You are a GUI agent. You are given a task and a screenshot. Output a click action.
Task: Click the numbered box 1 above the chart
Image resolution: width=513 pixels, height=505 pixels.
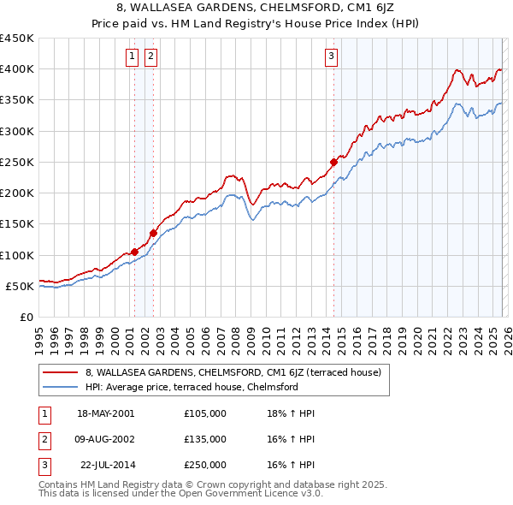pos(133,57)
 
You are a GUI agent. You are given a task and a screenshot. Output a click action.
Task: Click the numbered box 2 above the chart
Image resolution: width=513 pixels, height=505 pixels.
pos(150,57)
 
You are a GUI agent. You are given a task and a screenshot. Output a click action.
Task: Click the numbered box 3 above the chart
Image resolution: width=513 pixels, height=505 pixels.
pos(331,57)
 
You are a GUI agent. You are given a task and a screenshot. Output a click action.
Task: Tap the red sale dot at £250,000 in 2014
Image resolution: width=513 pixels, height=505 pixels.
pos(333,162)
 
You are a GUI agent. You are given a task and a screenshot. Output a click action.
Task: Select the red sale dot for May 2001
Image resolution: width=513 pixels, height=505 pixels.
pos(134,252)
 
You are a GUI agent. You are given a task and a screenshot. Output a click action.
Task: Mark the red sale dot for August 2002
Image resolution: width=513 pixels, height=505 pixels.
pos(153,233)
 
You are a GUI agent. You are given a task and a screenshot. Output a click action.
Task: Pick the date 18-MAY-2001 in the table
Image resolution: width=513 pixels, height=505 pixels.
pos(105,413)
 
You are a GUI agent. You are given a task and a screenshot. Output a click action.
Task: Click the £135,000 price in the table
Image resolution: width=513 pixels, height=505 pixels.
pos(205,439)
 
